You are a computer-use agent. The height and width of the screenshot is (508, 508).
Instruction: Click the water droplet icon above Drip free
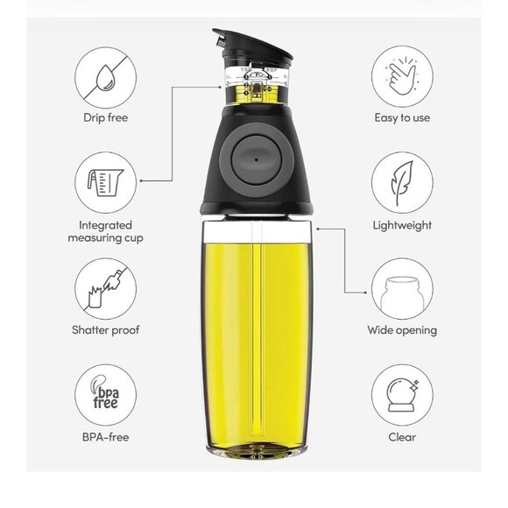coord(106,78)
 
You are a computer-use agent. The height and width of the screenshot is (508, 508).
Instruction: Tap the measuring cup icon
coord(105,182)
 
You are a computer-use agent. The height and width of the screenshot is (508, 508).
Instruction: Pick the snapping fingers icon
coord(401,76)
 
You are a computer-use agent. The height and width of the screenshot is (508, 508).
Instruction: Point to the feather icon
coord(402,183)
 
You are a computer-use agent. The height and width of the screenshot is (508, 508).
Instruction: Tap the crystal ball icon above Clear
coord(402,395)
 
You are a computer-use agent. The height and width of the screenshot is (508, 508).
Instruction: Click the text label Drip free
coord(106,117)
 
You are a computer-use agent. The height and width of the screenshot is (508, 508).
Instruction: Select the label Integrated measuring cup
coord(106,231)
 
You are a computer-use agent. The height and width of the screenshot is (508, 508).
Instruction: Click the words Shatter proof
coord(106,330)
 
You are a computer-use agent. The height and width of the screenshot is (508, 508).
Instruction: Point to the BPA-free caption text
coord(106,437)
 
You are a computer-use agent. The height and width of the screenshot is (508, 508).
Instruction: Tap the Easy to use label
coord(402,117)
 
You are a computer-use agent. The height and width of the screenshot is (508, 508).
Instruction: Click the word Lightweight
coord(402,225)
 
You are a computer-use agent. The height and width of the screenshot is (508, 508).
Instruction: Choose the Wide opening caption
coord(402,330)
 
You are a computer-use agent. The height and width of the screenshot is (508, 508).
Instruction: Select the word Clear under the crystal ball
coord(402,437)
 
